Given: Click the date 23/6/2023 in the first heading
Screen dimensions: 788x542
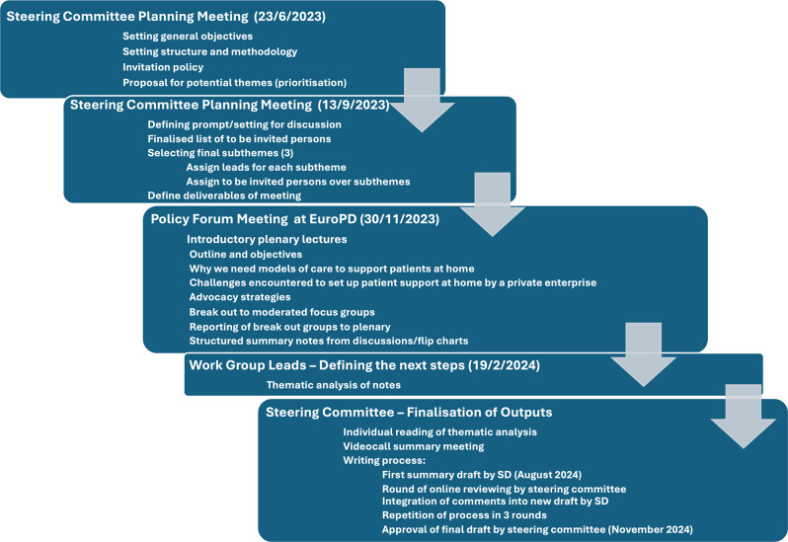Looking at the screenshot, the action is click(284, 17).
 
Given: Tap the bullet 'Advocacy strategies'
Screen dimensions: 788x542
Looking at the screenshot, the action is click(240, 297).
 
